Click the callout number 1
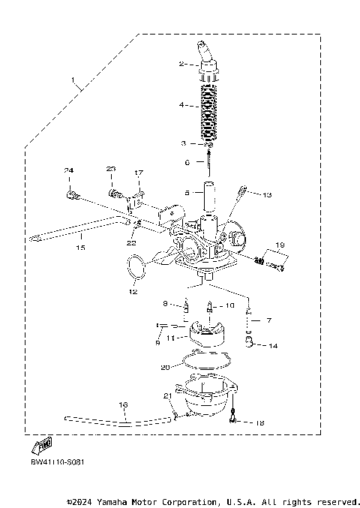click(x=73, y=79)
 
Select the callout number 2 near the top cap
click(x=181, y=65)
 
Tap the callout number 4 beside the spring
click(x=181, y=105)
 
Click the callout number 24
click(x=68, y=171)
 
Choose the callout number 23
click(x=111, y=169)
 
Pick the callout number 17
click(x=138, y=173)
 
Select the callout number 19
click(x=280, y=245)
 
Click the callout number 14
click(x=273, y=346)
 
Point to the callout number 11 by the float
click(x=169, y=338)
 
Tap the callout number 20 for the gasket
click(x=166, y=367)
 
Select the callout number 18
click(x=259, y=423)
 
